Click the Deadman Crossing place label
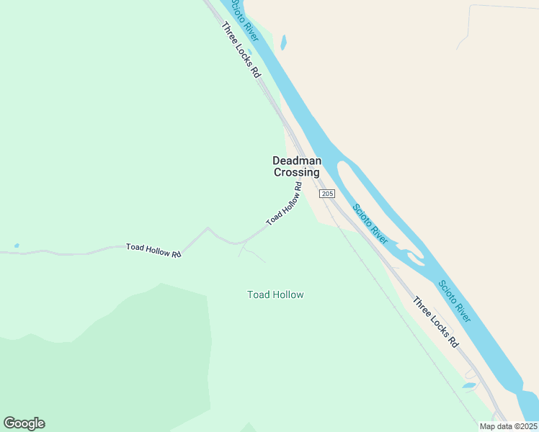tap(296, 166)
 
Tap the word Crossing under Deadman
tap(296, 173)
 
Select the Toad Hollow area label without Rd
tap(275, 294)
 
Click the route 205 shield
tap(327, 194)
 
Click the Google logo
tap(24, 423)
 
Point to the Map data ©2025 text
tap(508, 426)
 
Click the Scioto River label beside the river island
tap(370, 224)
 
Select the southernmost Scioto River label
tap(455, 300)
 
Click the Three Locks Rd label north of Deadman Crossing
tap(241, 50)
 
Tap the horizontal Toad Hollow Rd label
tap(153, 249)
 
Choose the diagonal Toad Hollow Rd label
tap(283, 206)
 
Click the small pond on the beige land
tap(283, 42)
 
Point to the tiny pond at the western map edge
tap(16, 246)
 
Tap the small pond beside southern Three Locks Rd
tap(469, 385)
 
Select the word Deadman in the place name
tap(296, 161)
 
